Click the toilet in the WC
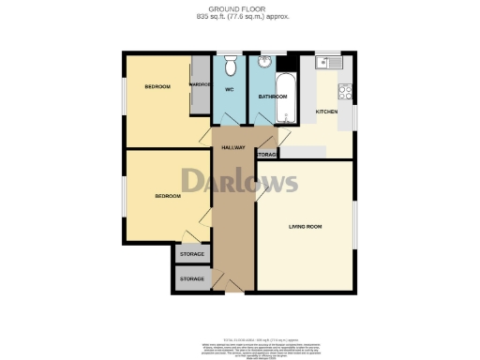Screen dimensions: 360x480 [231, 66]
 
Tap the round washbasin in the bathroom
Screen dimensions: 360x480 [265, 65]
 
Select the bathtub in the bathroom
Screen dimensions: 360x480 [286, 98]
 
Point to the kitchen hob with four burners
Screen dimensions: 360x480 [344, 92]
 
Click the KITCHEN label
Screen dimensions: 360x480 [326, 112]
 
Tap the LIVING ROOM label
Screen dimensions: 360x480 [305, 226]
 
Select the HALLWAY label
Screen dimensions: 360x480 [232, 148]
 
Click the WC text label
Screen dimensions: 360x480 [228, 89]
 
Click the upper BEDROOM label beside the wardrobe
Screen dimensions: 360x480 [157, 87]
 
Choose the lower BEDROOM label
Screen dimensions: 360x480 [168, 195]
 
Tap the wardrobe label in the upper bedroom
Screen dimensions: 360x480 [201, 84]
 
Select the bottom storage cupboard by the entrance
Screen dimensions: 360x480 [192, 279]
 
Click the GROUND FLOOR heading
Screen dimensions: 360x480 [240, 8]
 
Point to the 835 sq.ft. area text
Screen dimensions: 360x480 [240, 17]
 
